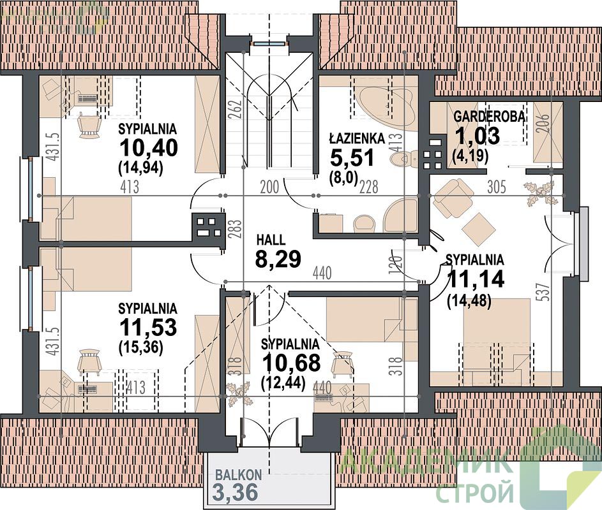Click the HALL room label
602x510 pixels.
[271, 240]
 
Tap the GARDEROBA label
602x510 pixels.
[489, 117]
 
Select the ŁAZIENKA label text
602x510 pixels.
[357, 138]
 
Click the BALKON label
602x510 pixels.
[238, 475]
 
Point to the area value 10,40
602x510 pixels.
[149, 147]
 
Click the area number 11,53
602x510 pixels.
[148, 327]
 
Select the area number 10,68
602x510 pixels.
[291, 363]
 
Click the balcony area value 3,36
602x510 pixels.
[234, 493]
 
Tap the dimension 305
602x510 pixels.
[497, 187]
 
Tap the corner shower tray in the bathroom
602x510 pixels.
[400, 215]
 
